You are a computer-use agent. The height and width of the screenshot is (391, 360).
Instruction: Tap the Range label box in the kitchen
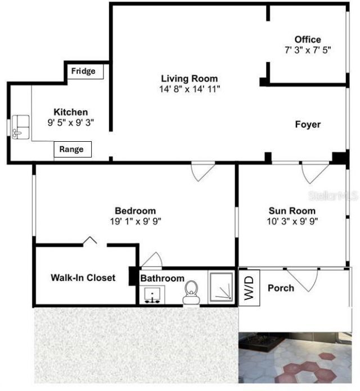[73, 149]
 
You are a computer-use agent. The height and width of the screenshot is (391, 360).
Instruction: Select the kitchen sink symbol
[21, 126]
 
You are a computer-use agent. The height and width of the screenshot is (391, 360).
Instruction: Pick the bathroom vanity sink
[152, 295]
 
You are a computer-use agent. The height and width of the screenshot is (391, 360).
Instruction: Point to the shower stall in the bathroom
[222, 288]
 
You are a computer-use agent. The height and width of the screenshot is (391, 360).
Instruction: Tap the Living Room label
[189, 79]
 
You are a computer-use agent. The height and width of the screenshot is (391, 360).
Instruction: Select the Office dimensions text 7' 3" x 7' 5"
[308, 50]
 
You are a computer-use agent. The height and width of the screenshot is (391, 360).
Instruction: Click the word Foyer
[308, 124]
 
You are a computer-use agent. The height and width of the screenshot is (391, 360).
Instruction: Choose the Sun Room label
[291, 211]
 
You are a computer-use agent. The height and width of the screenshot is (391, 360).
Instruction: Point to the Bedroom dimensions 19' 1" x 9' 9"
[136, 221]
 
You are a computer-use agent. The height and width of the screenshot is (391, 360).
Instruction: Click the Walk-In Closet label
[83, 277]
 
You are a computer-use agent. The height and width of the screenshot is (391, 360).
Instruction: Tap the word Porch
[281, 288]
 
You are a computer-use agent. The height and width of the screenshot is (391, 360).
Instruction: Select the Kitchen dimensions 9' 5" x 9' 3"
[70, 122]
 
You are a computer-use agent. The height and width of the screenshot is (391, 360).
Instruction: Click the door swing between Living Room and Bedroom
[202, 171]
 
